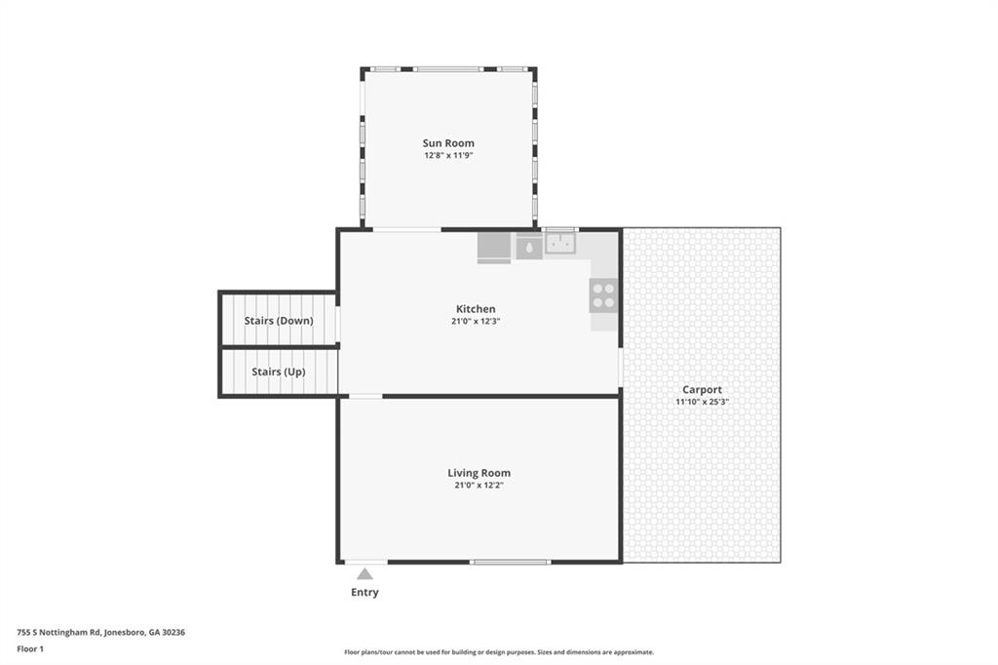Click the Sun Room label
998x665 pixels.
click(x=448, y=143)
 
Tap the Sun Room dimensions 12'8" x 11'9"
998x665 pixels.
click(x=448, y=155)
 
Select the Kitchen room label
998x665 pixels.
click(x=476, y=309)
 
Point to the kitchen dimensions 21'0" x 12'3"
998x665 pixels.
click(x=476, y=321)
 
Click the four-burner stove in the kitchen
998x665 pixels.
click(x=603, y=295)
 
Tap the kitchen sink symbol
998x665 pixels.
click(x=560, y=243)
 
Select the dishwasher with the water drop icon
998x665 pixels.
click(x=529, y=247)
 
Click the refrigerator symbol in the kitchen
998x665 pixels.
click(x=494, y=248)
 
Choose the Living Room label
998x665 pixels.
click(x=479, y=473)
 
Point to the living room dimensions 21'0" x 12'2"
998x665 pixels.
click(x=479, y=485)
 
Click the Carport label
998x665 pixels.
click(x=702, y=390)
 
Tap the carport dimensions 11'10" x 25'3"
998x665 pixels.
click(x=702, y=402)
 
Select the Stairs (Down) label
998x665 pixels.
click(x=279, y=321)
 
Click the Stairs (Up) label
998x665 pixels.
click(x=279, y=372)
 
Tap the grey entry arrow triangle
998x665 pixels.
click(x=365, y=574)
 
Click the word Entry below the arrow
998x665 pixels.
click(x=365, y=593)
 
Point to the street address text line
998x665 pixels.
click(x=101, y=632)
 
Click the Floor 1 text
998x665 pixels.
click(x=30, y=648)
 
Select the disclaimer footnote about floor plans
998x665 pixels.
click(x=498, y=652)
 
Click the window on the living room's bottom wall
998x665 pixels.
click(x=510, y=562)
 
